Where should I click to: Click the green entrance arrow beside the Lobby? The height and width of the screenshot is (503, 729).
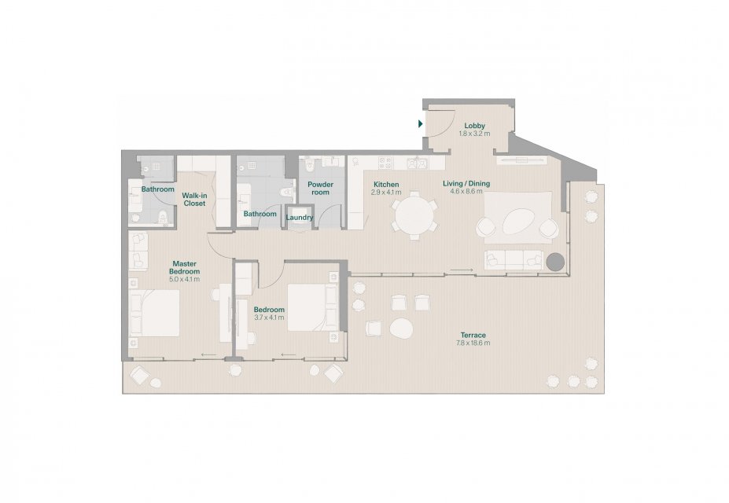pyautogui.click(x=420, y=124)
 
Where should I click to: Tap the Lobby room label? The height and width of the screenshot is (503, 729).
pyautogui.click(x=475, y=126)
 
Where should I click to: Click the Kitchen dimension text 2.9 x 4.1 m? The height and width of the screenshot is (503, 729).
pyautogui.click(x=386, y=192)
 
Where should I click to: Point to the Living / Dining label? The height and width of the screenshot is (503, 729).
pyautogui.click(x=466, y=183)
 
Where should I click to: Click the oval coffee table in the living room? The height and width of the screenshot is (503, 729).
pyautogui.click(x=518, y=222)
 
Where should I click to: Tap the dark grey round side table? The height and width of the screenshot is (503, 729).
pyautogui.click(x=555, y=262)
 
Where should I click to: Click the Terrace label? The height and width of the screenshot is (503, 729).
pyautogui.click(x=473, y=335)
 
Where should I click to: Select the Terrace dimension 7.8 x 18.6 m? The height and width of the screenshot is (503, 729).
pyautogui.click(x=473, y=343)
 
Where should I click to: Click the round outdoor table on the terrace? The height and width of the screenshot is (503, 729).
pyautogui.click(x=401, y=329)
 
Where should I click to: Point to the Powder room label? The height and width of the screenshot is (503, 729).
pyautogui.click(x=320, y=188)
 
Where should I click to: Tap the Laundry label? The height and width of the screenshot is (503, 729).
pyautogui.click(x=300, y=218)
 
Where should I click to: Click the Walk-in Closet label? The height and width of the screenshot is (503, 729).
pyautogui.click(x=194, y=200)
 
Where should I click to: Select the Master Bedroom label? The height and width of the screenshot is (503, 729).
pyautogui.click(x=185, y=267)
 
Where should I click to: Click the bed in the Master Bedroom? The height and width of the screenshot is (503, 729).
pyautogui.click(x=154, y=313)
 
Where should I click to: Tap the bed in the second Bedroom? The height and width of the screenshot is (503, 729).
pyautogui.click(x=312, y=307)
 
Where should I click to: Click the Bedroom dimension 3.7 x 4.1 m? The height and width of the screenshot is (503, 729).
pyautogui.click(x=269, y=318)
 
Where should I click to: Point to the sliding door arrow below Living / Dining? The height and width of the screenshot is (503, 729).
pyautogui.click(x=462, y=270)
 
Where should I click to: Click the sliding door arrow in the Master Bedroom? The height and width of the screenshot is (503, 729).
pyautogui.click(x=208, y=355)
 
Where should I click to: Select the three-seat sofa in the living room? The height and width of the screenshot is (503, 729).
pyautogui.click(x=514, y=260)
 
